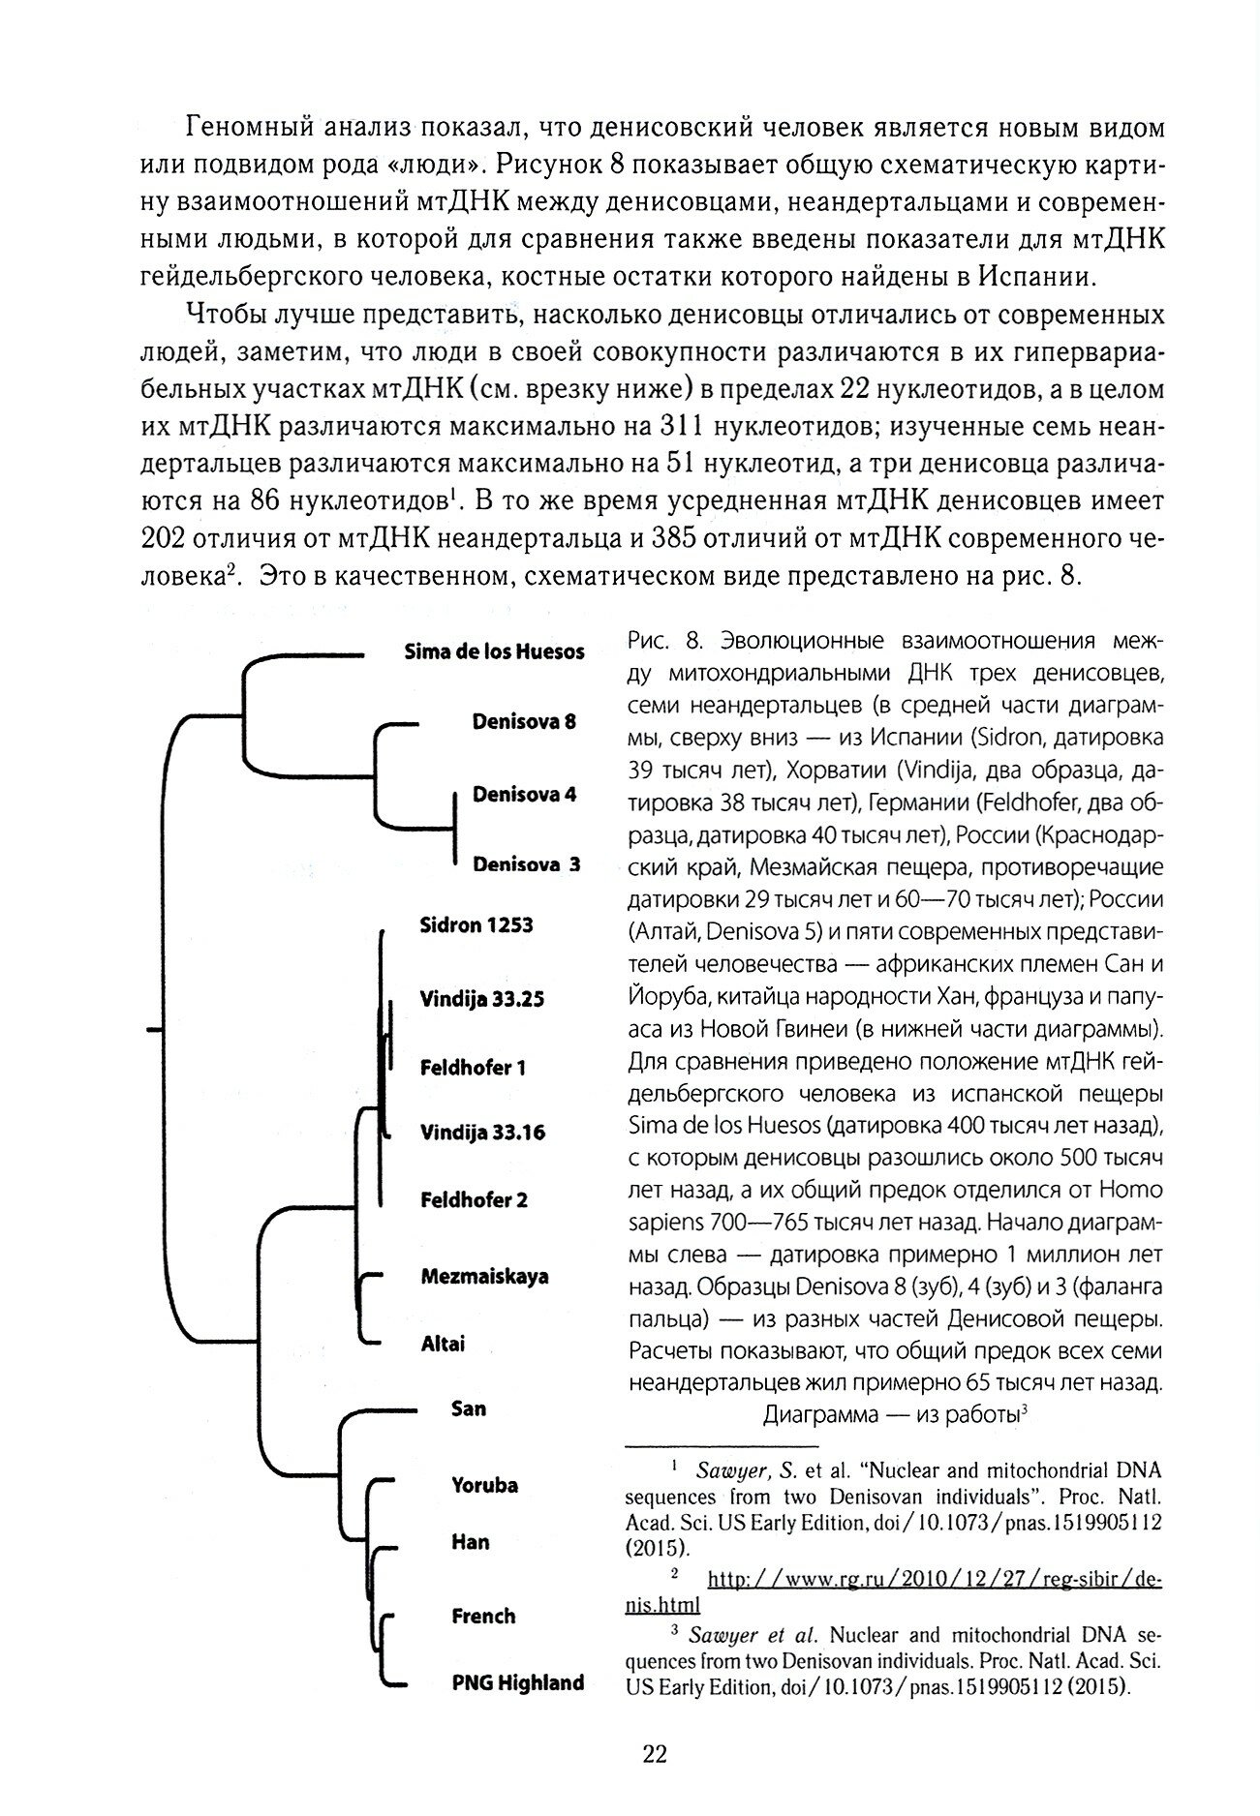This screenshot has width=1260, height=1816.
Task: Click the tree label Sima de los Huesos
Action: [x=494, y=651]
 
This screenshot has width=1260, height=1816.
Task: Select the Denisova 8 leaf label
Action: [x=524, y=722]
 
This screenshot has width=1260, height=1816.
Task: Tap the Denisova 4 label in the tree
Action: [x=524, y=794]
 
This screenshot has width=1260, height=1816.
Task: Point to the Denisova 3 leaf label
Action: [x=526, y=864]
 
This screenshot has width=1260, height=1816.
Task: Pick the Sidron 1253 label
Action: [x=476, y=925]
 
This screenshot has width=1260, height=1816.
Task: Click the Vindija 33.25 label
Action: [x=481, y=999]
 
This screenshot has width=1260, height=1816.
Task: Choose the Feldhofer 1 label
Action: [x=473, y=1069]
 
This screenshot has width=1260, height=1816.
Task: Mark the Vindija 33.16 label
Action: [x=482, y=1133]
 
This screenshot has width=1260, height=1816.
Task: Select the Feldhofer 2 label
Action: [x=474, y=1201]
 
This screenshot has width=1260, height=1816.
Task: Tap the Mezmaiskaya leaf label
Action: [x=484, y=1276]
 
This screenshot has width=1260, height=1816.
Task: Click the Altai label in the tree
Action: [x=443, y=1344]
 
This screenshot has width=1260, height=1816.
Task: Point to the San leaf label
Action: [x=469, y=1408]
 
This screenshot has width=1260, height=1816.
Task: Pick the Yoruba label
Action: [x=485, y=1485]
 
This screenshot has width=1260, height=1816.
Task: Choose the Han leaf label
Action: [x=470, y=1541]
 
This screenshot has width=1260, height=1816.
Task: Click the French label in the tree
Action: [x=483, y=1616]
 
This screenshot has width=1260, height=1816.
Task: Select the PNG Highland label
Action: [x=518, y=1682]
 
